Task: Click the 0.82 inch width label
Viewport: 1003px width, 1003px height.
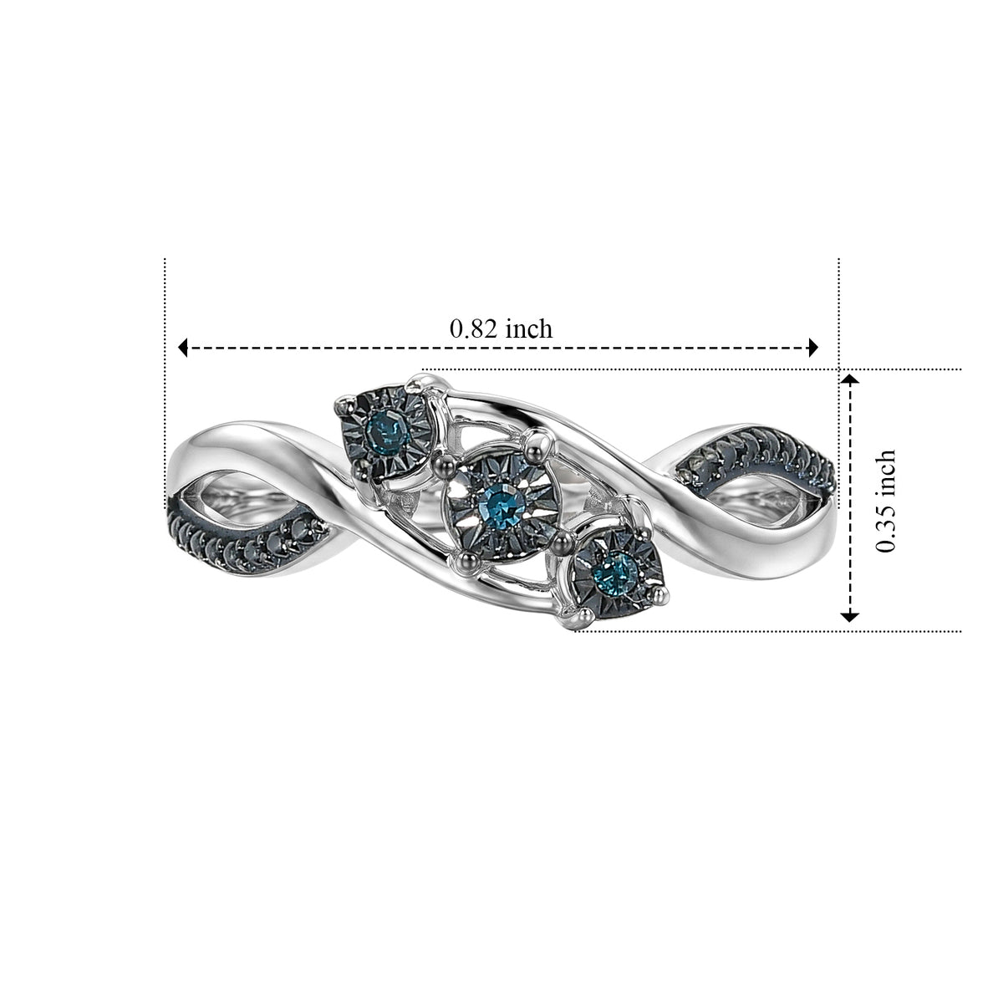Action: point(501,329)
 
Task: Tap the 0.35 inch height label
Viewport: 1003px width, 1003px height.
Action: point(885,501)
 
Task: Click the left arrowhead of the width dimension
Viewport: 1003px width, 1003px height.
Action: point(183,347)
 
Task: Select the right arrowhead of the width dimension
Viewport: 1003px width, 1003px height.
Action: point(812,347)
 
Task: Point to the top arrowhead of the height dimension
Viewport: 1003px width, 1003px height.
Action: point(850,379)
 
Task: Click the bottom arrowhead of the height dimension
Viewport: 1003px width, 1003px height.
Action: point(850,617)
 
